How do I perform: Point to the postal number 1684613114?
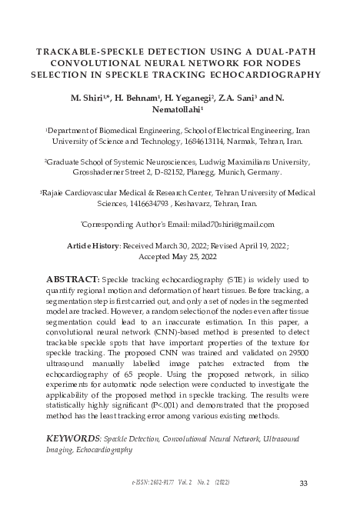(214, 142)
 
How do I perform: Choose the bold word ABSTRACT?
(73, 279)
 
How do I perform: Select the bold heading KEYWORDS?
(73, 438)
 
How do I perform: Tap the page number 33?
(302, 482)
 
